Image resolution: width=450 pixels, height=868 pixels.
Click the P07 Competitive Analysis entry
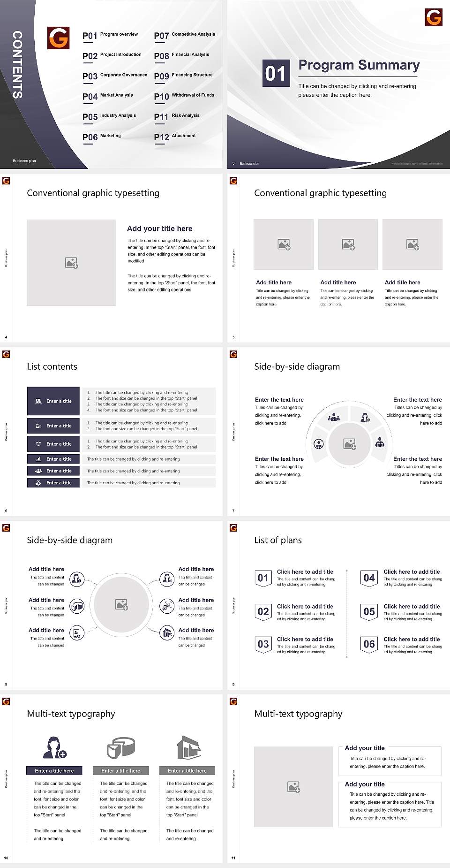pos(184,35)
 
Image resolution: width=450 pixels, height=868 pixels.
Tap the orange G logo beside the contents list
pos(59,38)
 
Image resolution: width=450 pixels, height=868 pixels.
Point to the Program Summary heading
pos(359,65)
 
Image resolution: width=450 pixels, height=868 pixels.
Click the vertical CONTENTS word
pos(17,65)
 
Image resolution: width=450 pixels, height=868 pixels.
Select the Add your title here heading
pos(159,228)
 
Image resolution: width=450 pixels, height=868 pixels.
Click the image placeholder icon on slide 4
pos(71,263)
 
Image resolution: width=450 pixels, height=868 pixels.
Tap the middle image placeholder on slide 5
pos(348,244)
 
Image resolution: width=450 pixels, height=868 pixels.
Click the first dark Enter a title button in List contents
pos(53,401)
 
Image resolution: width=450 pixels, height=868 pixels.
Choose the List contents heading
pos(52,366)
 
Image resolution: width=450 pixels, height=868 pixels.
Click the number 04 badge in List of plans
pos(369,578)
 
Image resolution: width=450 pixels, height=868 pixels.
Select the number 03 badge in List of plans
pos(263,644)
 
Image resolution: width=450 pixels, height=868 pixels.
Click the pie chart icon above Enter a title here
pos(121,747)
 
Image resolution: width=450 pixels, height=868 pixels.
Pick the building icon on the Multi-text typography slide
pos(189,747)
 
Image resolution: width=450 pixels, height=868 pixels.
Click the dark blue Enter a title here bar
pos(54,770)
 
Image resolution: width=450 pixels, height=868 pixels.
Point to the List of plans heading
pos(278,540)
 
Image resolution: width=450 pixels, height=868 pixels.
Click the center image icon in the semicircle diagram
pos(350,443)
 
